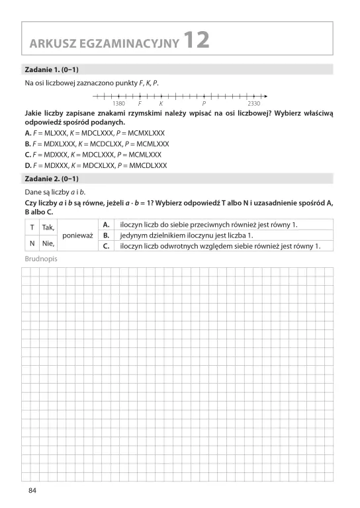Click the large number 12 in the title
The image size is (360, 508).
click(196, 40)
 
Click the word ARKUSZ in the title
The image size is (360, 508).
click(51, 44)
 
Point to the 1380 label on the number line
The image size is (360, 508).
click(119, 104)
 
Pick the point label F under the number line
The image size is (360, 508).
click(140, 104)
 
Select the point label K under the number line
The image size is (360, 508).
click(161, 104)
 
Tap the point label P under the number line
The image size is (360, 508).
click(204, 104)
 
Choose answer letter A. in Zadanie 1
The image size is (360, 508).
click(28, 133)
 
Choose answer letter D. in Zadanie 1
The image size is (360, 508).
click(28, 165)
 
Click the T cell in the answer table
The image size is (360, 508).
click(31, 227)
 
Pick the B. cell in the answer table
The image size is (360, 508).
click(105, 235)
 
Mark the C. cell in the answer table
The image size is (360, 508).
click(105, 246)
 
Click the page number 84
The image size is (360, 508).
click(32, 490)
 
